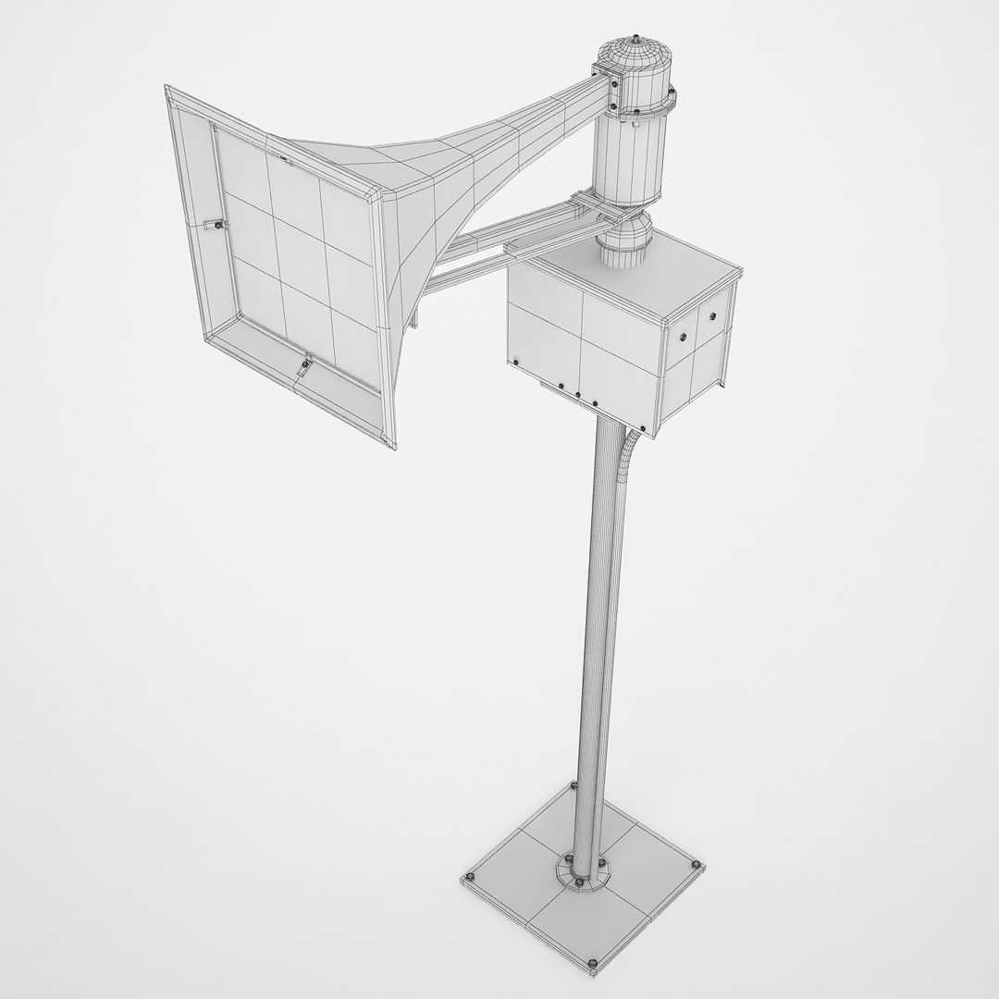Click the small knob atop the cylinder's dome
point(638,39)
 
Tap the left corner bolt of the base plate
point(471,875)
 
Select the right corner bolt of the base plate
point(695,864)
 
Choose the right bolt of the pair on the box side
point(712,316)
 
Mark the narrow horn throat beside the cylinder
point(564,102)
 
